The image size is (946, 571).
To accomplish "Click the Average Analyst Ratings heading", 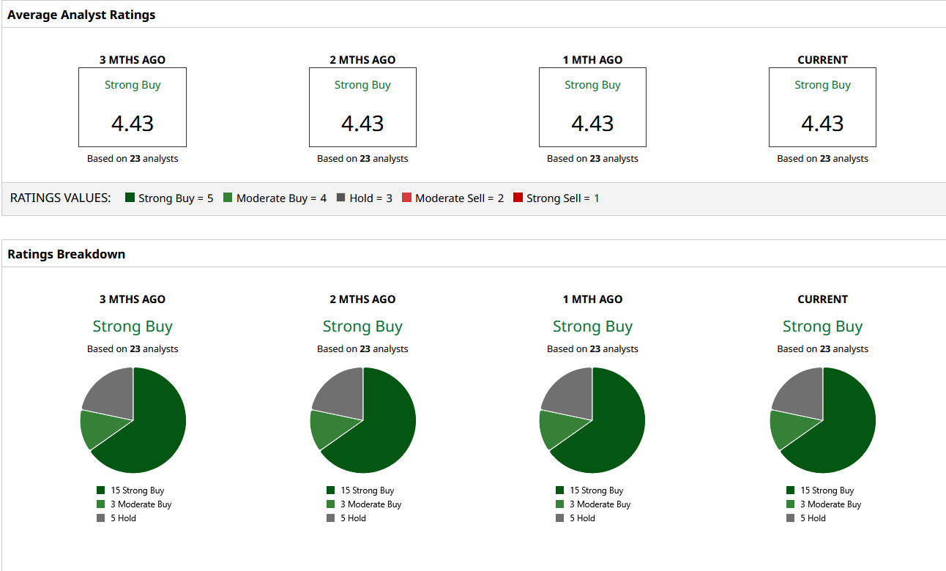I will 81,15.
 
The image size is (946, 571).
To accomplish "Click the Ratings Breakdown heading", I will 66,254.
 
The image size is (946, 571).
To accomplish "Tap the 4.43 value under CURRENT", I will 822,123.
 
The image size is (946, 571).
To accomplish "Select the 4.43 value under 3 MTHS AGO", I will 133,123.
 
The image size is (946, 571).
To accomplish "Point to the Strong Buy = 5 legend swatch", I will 130,198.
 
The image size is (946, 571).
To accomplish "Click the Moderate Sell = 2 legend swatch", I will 407,198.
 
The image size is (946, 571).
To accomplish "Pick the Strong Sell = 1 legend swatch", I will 518,198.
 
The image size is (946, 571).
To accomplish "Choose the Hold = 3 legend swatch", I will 341,198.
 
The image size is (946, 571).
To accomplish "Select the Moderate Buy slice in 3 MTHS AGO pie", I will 97,429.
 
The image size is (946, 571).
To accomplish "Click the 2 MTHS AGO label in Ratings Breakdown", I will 362,299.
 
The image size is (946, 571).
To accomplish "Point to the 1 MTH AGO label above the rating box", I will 592,60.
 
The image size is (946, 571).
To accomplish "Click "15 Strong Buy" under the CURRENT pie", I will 827,490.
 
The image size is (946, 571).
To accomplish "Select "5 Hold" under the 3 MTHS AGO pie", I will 124,518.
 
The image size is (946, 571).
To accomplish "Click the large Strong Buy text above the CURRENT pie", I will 822,326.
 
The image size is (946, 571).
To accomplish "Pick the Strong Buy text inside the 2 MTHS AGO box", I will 362,85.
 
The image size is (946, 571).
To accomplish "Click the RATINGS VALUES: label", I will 61,198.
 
